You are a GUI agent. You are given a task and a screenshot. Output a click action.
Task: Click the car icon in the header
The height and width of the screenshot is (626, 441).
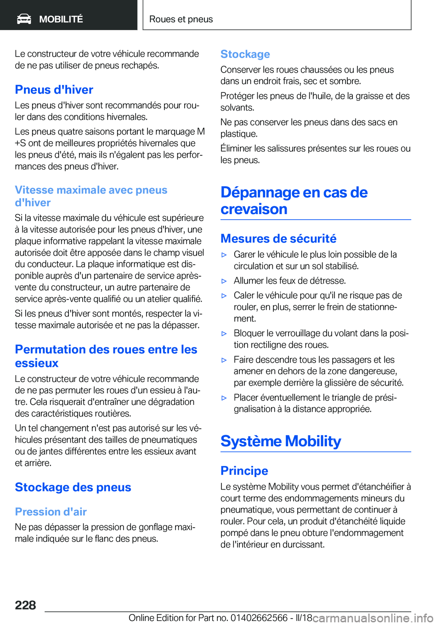tap(24, 19)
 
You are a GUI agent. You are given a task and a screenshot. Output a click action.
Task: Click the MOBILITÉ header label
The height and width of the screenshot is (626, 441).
tap(61, 19)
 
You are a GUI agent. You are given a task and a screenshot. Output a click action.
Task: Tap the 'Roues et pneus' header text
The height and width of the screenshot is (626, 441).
tap(181, 19)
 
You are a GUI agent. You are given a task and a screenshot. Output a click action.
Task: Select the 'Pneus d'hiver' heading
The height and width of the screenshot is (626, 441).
tap(54, 90)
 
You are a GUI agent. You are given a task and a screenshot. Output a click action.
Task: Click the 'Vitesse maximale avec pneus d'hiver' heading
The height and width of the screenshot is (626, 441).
tap(91, 196)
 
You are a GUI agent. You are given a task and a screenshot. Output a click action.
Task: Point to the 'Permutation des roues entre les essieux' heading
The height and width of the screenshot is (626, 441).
tap(106, 356)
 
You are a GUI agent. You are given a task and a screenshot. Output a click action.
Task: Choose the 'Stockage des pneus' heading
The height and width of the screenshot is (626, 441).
tap(73, 487)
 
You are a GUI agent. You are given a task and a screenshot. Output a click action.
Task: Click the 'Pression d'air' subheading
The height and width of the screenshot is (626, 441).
tap(51, 512)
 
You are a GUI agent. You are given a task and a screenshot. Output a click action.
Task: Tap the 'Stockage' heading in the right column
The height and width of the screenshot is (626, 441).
tap(245, 54)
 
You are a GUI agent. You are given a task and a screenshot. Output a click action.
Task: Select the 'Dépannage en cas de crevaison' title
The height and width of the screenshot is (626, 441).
tap(294, 200)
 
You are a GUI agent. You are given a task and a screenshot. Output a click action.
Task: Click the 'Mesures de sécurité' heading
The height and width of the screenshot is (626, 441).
tap(278, 239)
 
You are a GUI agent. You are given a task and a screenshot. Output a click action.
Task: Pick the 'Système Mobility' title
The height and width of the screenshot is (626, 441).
tap(281, 441)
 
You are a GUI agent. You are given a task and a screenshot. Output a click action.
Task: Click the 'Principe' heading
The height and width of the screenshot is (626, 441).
tap(244, 471)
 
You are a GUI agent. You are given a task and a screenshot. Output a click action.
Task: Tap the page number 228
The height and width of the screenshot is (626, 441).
tap(25, 605)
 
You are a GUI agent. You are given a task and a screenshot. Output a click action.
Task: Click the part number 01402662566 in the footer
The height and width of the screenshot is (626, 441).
tap(259, 618)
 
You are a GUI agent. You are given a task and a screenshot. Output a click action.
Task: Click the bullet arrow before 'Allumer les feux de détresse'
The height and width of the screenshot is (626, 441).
tap(224, 281)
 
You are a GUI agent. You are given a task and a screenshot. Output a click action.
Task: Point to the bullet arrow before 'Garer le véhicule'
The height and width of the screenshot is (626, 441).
tap(224, 255)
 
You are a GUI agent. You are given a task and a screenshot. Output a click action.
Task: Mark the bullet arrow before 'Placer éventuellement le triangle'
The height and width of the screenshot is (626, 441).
tap(224, 398)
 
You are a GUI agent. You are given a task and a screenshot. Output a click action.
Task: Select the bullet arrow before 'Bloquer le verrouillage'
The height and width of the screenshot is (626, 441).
tap(224, 334)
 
